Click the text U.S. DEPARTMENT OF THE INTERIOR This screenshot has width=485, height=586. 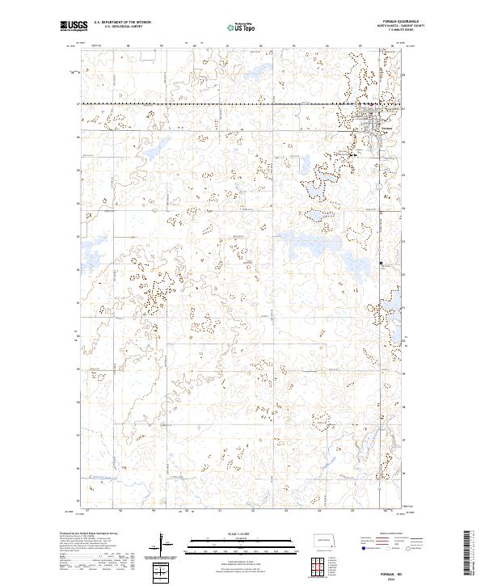[122, 23]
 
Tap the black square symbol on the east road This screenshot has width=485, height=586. [381, 263]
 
